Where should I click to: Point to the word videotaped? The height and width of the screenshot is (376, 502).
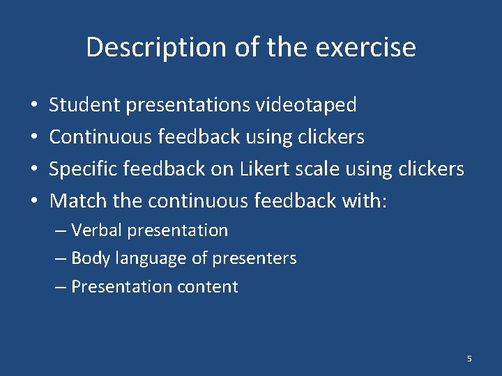[x=306, y=105]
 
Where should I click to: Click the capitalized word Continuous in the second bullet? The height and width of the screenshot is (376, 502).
[x=100, y=137]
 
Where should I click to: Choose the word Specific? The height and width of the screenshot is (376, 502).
[x=82, y=169]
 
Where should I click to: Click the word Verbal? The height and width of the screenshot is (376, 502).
[x=96, y=230]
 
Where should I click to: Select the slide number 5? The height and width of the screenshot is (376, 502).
[x=469, y=359]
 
